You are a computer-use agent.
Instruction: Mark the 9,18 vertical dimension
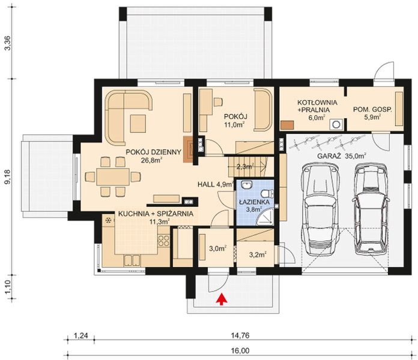pos(7,179)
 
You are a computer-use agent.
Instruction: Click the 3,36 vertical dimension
pos(7,45)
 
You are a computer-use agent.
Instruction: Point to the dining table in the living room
pos(113,176)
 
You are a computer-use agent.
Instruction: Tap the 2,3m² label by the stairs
pos(246,167)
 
